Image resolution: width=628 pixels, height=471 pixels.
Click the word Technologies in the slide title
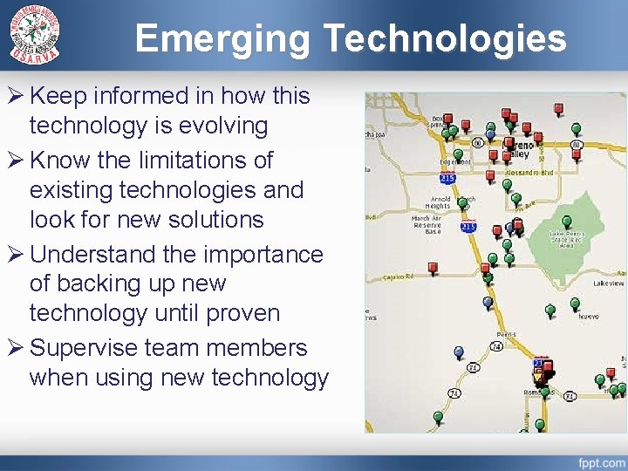[x=445, y=39]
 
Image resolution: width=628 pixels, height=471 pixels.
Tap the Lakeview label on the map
[x=608, y=283]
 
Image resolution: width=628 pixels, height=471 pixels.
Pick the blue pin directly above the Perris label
[x=488, y=302]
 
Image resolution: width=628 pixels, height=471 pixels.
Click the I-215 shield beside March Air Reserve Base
[x=468, y=227]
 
